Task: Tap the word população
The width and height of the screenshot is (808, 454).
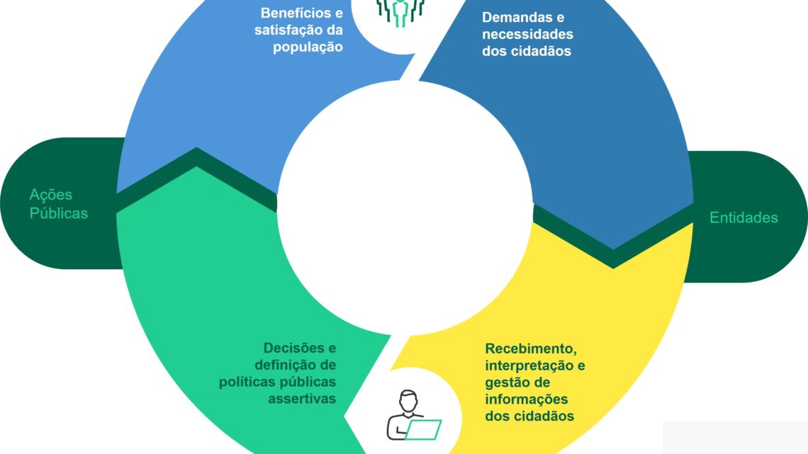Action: point(308,47)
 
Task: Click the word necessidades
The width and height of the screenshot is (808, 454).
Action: point(527,35)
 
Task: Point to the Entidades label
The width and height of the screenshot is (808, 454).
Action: point(744,217)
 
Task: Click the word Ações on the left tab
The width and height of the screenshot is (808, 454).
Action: point(50,195)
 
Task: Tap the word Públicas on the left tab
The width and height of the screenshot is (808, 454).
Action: point(59,213)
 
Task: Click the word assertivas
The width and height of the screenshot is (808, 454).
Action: point(302,399)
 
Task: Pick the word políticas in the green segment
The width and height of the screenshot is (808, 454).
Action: point(247,382)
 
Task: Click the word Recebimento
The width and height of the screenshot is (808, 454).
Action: point(531,349)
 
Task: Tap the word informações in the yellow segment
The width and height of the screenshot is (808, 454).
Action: point(526,399)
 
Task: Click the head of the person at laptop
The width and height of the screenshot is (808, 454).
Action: point(408,401)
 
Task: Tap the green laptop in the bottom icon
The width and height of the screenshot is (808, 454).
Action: point(423,430)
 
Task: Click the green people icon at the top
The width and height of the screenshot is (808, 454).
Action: point(400,12)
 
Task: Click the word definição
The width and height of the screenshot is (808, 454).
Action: point(282,365)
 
